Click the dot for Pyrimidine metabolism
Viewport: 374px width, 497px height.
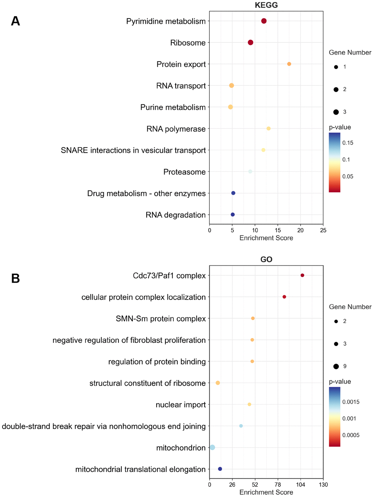coord(264,21)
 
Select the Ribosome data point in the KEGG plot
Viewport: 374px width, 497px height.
coord(250,42)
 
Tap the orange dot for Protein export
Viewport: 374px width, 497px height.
coord(289,64)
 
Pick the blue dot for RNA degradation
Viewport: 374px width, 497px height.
coord(232,215)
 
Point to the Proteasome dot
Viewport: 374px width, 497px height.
coord(250,171)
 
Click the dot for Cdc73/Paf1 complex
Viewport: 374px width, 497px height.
coord(302,275)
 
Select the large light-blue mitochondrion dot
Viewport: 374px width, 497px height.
coord(212,447)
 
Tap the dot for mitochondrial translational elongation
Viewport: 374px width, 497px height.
coord(220,469)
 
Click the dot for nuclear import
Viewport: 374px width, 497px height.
coord(249,404)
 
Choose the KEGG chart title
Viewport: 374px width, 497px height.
coord(266,5)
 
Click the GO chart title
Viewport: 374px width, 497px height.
coord(266,260)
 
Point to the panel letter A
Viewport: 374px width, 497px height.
coord(15,21)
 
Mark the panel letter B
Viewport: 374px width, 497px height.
coord(15,279)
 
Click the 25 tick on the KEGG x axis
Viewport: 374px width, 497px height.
coord(323,230)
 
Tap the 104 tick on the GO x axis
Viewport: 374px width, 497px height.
coord(300,485)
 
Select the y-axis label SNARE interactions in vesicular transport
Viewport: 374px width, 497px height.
coord(133,150)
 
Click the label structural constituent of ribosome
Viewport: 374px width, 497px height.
coord(147,383)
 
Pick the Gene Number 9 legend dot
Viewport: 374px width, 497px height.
coord(336,366)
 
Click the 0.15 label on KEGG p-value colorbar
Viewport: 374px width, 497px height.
coord(348,143)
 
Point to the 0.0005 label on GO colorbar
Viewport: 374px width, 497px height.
coord(351,435)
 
